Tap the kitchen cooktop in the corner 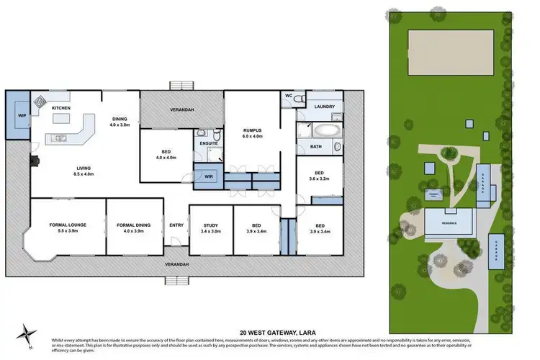tap(38, 101)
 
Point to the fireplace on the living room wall tap(33, 162)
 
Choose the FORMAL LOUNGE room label tap(68, 225)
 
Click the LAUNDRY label tap(324, 107)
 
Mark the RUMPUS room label tap(253, 130)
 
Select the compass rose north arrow tap(29, 334)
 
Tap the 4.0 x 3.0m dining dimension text tap(120, 125)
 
